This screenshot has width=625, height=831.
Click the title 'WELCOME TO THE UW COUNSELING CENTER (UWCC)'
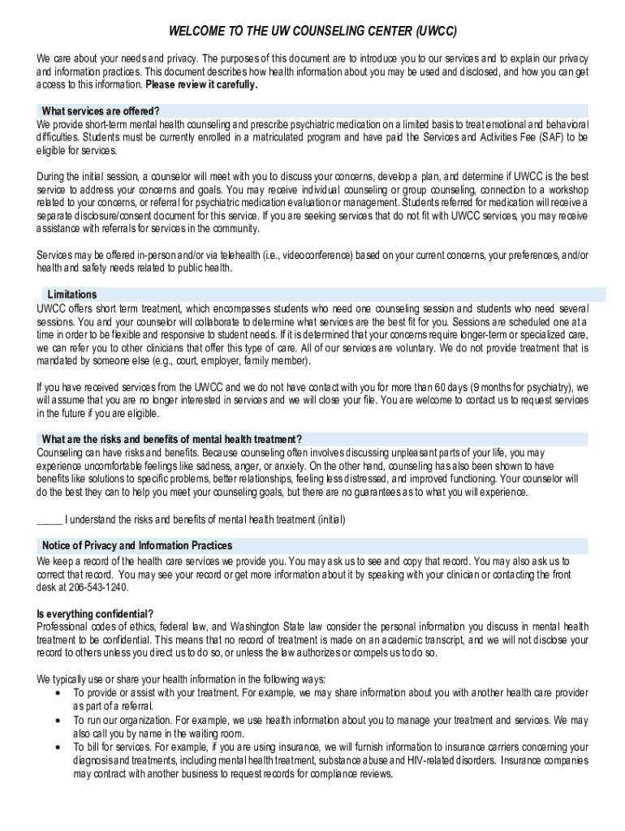pyautogui.click(x=312, y=32)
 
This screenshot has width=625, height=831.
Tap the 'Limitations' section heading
pyautogui.click(x=72, y=295)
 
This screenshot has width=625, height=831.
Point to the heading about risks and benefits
pyautogui.click(x=172, y=440)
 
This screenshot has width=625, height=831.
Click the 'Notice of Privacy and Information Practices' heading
pyautogui.click(x=134, y=545)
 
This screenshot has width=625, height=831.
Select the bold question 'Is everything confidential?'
pyautogui.click(x=95, y=613)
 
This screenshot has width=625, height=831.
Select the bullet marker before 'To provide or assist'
pyautogui.click(x=56, y=692)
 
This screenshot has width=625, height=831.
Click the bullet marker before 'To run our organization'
pyautogui.click(x=56, y=720)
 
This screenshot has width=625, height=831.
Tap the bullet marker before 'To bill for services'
pyautogui.click(x=56, y=747)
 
